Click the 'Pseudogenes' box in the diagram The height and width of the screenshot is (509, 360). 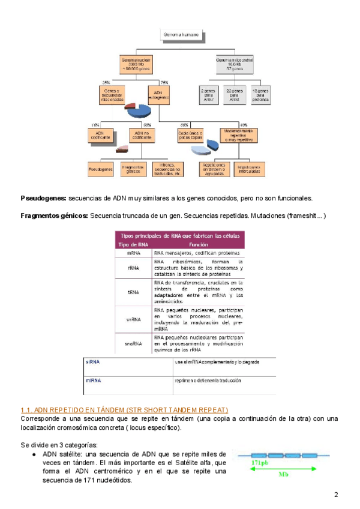(101, 170)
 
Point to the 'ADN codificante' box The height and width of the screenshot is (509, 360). (101, 135)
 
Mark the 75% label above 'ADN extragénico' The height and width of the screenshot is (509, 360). (163, 82)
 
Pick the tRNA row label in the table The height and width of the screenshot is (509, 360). (133, 292)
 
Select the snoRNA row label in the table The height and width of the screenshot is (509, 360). (133, 344)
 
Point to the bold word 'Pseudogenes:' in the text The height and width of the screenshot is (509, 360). (44, 198)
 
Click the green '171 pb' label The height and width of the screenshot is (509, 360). (243, 463)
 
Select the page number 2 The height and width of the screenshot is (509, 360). (336, 495)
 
